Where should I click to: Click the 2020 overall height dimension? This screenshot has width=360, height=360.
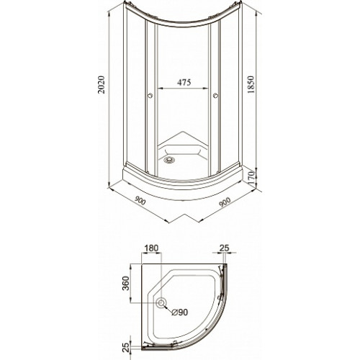click(x=102, y=85)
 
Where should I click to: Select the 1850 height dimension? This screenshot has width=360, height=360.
click(x=251, y=85)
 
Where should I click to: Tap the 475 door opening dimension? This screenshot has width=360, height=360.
click(x=184, y=82)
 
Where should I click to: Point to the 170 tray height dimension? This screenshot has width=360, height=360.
click(x=251, y=178)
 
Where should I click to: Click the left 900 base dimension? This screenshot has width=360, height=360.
click(x=140, y=200)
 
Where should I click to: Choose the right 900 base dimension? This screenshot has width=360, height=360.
click(x=225, y=202)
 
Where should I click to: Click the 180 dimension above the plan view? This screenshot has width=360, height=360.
click(x=151, y=248)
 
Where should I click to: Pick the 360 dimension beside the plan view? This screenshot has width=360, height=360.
click(x=126, y=284)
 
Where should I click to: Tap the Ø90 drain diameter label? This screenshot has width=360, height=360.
click(x=180, y=312)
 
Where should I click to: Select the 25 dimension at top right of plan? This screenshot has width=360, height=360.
click(x=225, y=248)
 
